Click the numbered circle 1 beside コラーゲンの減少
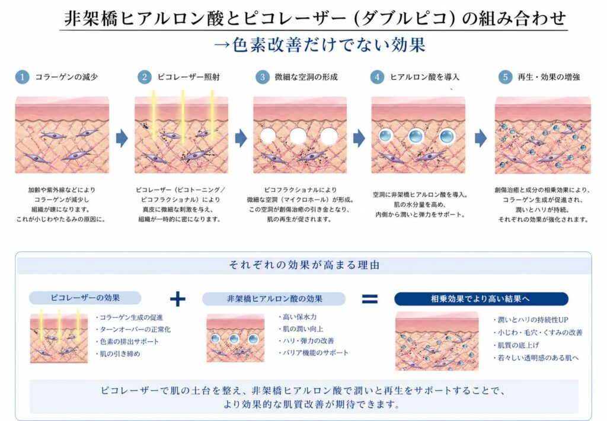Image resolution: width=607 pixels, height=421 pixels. (22, 77)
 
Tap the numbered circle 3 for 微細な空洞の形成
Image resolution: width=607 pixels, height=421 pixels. (261, 77)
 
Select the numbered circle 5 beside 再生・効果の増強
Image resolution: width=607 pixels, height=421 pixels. (504, 77)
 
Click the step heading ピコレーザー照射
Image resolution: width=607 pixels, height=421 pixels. (184, 78)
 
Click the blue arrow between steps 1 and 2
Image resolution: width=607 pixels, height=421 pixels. (122, 138)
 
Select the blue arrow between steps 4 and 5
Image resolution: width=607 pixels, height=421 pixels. (480, 138)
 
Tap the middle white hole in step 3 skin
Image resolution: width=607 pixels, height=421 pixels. (298, 136)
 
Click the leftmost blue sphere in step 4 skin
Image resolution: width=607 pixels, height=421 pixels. (387, 137)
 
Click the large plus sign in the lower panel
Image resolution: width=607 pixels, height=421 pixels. (177, 299)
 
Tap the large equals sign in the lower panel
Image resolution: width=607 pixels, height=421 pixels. (369, 299)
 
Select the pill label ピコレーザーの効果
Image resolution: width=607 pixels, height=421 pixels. (85, 298)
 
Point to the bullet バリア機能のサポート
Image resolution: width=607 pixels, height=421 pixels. (315, 353)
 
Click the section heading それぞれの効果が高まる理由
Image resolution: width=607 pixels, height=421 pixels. (303, 265)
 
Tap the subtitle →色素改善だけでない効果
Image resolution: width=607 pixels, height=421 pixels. (320, 46)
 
